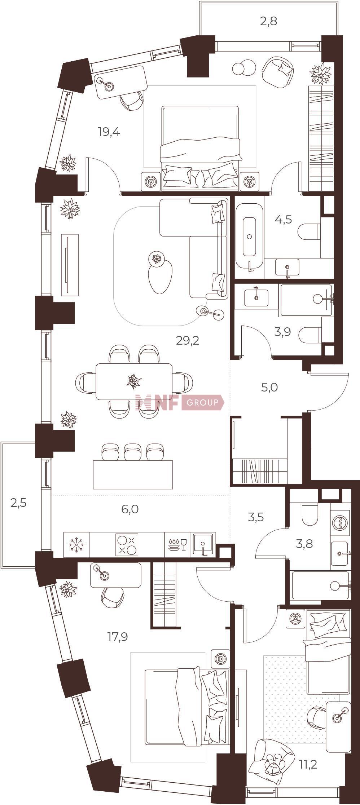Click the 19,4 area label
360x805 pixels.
pyautogui.click(x=109, y=132)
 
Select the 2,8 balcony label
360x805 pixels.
pyautogui.click(x=268, y=22)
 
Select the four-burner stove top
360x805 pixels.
pyautogui.click(x=127, y=545)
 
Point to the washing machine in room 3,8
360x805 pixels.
pyautogui.click(x=340, y=522)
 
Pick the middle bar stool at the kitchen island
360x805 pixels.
pyautogui.click(x=133, y=452)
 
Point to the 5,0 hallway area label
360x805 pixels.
pyautogui.click(x=269, y=388)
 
